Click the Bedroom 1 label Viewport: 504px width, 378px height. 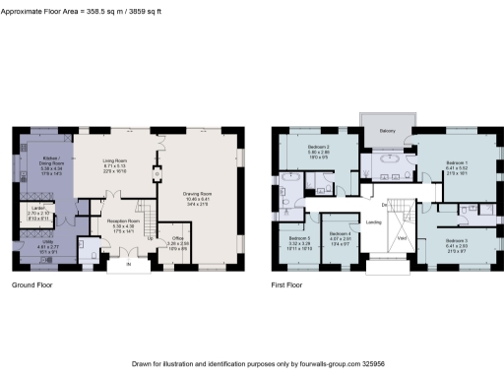(457, 161)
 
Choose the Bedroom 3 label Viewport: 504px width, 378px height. (456, 239)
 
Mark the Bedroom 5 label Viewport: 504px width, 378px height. (299, 238)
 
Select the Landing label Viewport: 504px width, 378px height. (373, 222)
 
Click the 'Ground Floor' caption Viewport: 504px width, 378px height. (32, 286)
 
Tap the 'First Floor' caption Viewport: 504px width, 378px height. (290, 286)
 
